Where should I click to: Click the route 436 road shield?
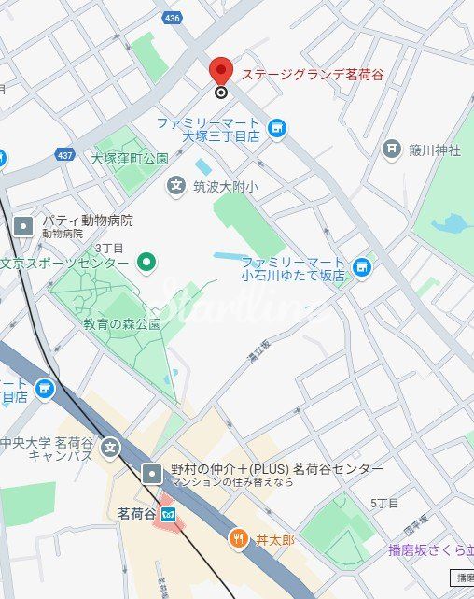(x=171, y=17)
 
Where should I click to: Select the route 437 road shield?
(x=64, y=154)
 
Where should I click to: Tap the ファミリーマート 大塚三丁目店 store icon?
(x=276, y=128)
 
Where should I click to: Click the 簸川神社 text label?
(x=435, y=150)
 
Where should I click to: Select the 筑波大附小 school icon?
(x=176, y=186)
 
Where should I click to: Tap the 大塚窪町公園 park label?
(x=129, y=158)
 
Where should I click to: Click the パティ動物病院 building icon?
(x=23, y=225)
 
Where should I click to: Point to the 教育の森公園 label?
(x=121, y=324)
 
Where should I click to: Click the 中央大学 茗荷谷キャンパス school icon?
(x=111, y=448)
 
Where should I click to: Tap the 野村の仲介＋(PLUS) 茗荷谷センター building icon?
(x=152, y=474)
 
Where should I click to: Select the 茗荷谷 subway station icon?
(x=168, y=514)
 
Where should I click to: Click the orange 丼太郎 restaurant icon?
(x=238, y=538)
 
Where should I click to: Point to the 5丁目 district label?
(x=384, y=503)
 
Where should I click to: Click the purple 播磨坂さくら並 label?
(x=430, y=549)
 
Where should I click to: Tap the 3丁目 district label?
(x=109, y=248)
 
